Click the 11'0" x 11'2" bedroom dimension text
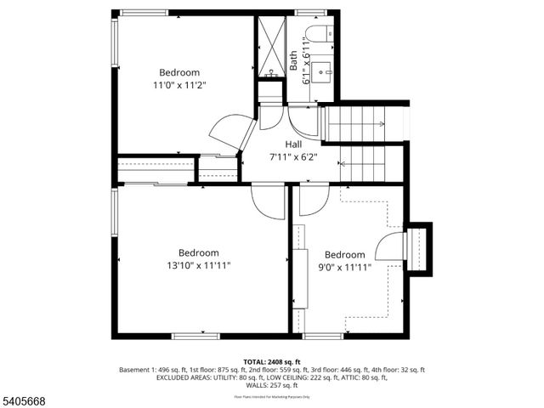point(179,85)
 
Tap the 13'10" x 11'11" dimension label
point(198,265)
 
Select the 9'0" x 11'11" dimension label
point(344,268)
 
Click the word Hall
point(293,144)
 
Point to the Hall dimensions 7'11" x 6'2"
point(293,156)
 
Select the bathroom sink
point(323,71)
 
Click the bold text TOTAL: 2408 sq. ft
point(272,362)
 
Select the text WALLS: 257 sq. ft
point(272,385)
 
